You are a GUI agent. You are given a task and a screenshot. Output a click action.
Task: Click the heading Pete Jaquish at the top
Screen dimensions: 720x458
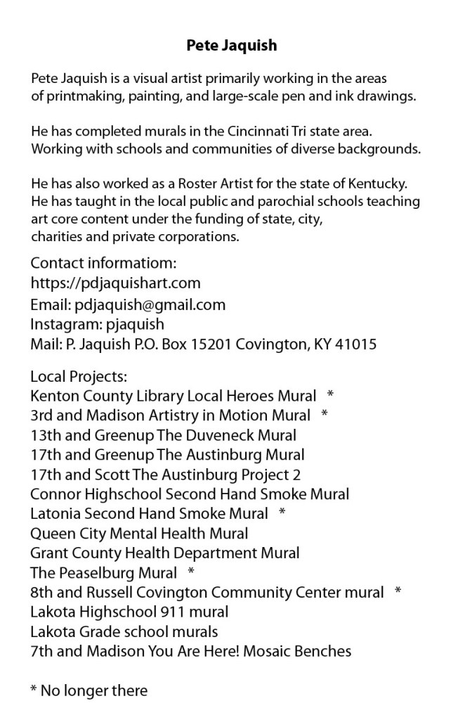point(232,46)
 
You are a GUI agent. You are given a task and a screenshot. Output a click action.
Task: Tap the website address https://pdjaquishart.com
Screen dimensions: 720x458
point(116,283)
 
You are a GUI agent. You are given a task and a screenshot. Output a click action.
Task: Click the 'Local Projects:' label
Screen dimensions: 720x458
point(78,377)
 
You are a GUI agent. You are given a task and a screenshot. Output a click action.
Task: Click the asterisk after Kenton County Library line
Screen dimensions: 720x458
point(330,394)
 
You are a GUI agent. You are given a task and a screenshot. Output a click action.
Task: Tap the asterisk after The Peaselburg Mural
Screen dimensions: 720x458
point(192,572)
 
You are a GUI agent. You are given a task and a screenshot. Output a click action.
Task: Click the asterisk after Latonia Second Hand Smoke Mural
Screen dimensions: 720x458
point(282,513)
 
